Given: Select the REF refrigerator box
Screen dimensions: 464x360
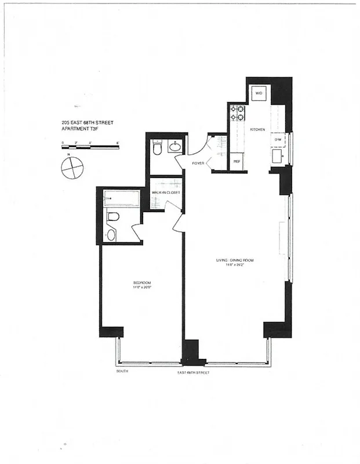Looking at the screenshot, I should click(237, 162).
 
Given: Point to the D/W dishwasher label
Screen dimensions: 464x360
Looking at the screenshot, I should click(278, 139).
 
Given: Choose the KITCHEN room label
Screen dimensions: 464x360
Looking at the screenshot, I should click(257, 129).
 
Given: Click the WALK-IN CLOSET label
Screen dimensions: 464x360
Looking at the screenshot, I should click(166, 192).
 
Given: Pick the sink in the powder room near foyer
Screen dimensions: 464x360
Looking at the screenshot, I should click(175, 147).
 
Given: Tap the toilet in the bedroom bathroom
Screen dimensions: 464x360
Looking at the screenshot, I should click(113, 218).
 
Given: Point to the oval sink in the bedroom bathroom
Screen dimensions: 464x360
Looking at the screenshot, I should click(111, 235).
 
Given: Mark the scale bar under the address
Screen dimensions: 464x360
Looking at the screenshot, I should click(89, 147).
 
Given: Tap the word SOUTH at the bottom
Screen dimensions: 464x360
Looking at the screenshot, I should click(122, 371).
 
